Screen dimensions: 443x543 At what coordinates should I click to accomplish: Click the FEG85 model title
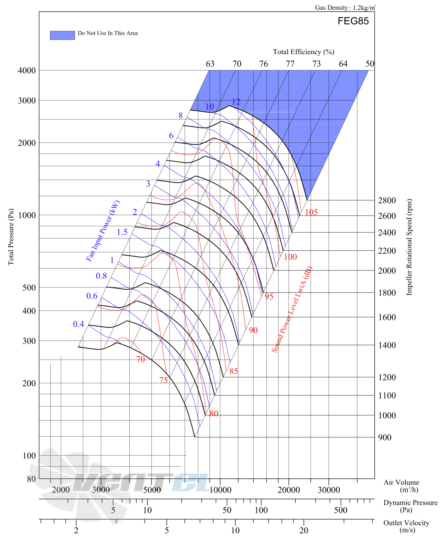[353, 21]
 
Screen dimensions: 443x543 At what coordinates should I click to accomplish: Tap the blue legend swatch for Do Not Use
[62, 35]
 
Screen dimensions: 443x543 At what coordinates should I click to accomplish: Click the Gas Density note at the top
[345, 8]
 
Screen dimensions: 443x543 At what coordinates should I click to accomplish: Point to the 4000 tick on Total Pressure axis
[27, 70]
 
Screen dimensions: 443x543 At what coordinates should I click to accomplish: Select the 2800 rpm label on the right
[387, 200]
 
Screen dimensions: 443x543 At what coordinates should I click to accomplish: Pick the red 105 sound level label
[311, 212]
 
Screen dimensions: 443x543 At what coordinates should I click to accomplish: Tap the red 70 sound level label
[140, 359]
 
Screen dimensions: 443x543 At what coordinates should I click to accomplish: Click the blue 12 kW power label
[236, 102]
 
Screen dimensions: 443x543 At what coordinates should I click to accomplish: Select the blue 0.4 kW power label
[78, 324]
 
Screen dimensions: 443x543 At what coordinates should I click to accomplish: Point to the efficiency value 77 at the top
[290, 64]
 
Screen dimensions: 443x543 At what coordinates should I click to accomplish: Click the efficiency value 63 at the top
[210, 64]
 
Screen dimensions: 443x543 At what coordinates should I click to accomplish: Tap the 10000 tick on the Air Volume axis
[220, 490]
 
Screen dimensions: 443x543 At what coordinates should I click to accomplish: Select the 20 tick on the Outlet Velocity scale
[304, 530]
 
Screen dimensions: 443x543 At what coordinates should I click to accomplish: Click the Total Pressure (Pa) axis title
[11, 237]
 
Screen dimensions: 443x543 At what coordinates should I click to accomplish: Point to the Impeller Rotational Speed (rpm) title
[409, 247]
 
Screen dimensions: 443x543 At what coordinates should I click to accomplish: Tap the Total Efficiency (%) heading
[303, 52]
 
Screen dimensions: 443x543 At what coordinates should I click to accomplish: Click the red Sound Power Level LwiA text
[292, 309]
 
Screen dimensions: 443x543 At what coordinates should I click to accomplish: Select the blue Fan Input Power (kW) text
[103, 231]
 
